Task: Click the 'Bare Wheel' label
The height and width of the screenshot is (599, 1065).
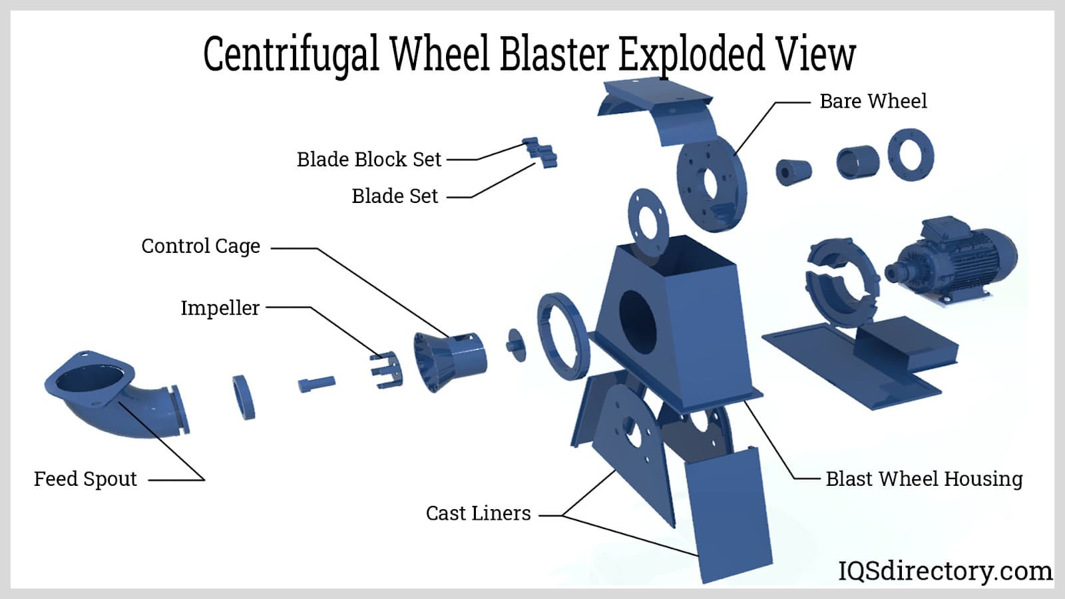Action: [x=873, y=101]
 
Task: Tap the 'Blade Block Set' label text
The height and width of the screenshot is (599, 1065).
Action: [x=369, y=160]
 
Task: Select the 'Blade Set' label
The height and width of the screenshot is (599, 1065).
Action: [x=395, y=196]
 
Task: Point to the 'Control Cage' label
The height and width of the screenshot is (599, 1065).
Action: [x=200, y=246]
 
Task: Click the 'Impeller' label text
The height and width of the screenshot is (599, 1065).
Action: [x=220, y=308]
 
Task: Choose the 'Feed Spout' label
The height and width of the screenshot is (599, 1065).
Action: [x=85, y=479]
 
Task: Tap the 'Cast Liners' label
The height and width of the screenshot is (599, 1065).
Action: [x=478, y=514]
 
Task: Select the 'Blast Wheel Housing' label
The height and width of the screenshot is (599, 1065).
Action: [x=924, y=479]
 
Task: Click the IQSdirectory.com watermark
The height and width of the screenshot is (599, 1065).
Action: [x=945, y=571]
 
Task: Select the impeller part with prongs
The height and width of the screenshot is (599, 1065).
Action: [x=386, y=370]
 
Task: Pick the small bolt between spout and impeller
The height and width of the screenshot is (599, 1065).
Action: [x=316, y=384]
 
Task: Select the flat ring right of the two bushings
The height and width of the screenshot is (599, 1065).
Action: [x=911, y=154]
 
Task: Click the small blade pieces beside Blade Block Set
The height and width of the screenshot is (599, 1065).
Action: [x=541, y=153]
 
